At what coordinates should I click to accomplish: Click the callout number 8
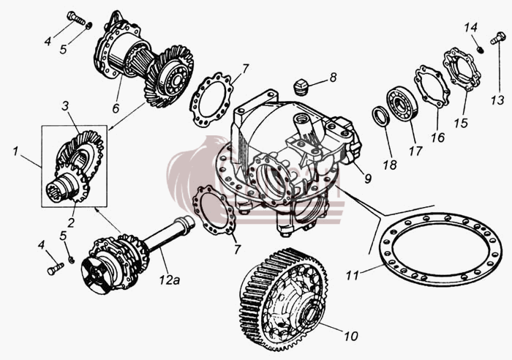[333, 78]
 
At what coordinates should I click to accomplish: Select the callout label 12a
[170, 280]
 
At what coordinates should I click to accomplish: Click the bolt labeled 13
[497, 39]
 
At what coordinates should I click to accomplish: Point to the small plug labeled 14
[480, 50]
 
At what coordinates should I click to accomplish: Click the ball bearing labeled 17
[403, 104]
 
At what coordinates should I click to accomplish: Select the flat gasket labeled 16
[431, 86]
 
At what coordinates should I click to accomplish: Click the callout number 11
[353, 275]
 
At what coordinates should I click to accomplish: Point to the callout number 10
[351, 336]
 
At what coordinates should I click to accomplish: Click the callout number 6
[116, 108]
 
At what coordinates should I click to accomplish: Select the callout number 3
[66, 106]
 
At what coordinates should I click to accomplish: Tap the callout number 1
[15, 151]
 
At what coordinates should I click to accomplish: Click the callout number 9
[368, 179]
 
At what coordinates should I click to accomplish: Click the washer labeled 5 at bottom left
[71, 260]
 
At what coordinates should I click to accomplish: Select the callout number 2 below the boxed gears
[71, 222]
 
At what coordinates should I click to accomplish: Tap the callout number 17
[415, 151]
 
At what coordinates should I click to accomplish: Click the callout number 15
[461, 123]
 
